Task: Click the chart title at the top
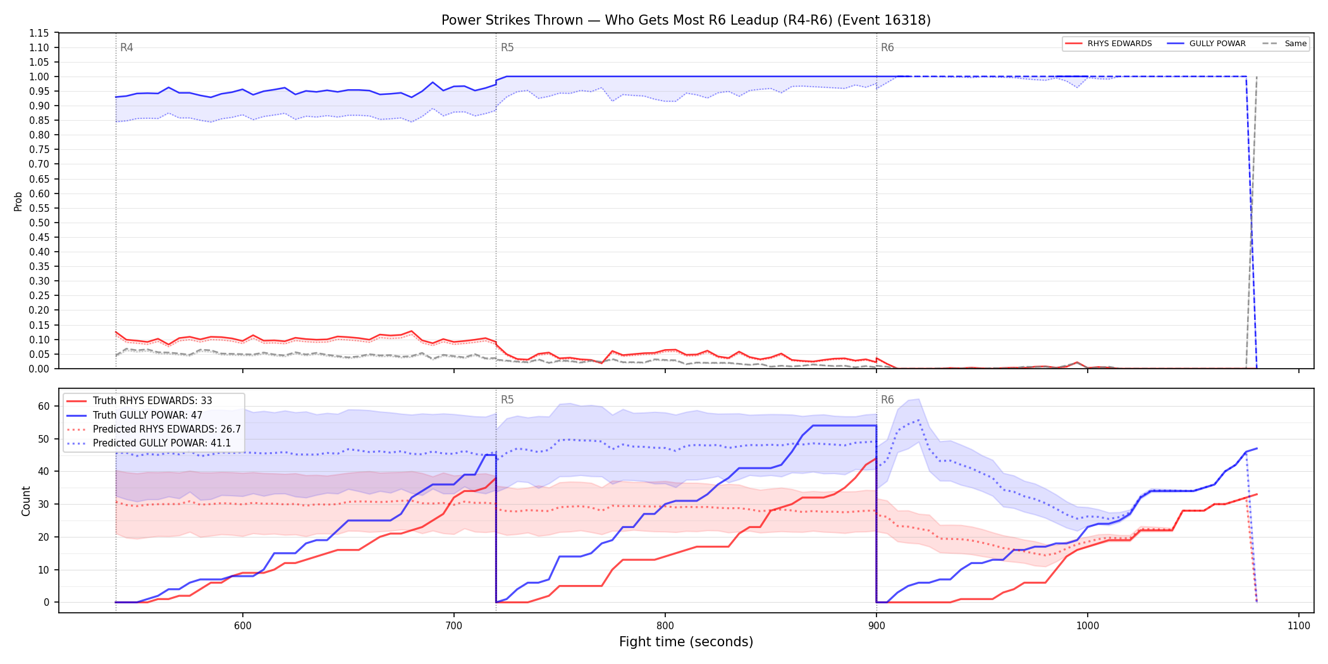[686, 20]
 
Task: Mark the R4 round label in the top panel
[126, 47]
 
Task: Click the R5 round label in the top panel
[507, 47]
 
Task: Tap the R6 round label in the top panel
[887, 47]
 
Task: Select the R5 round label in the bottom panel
[507, 400]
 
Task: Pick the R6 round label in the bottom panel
[887, 400]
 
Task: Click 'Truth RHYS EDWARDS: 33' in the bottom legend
[152, 401]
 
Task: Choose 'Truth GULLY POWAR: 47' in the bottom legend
[148, 415]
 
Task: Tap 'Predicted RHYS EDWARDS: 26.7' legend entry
[167, 429]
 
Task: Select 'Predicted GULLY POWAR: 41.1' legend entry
[162, 443]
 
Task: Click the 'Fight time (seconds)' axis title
[686, 642]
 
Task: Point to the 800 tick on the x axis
[665, 625]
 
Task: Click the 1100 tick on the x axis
[1299, 625]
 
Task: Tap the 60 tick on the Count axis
[44, 406]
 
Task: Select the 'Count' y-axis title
[26, 501]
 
